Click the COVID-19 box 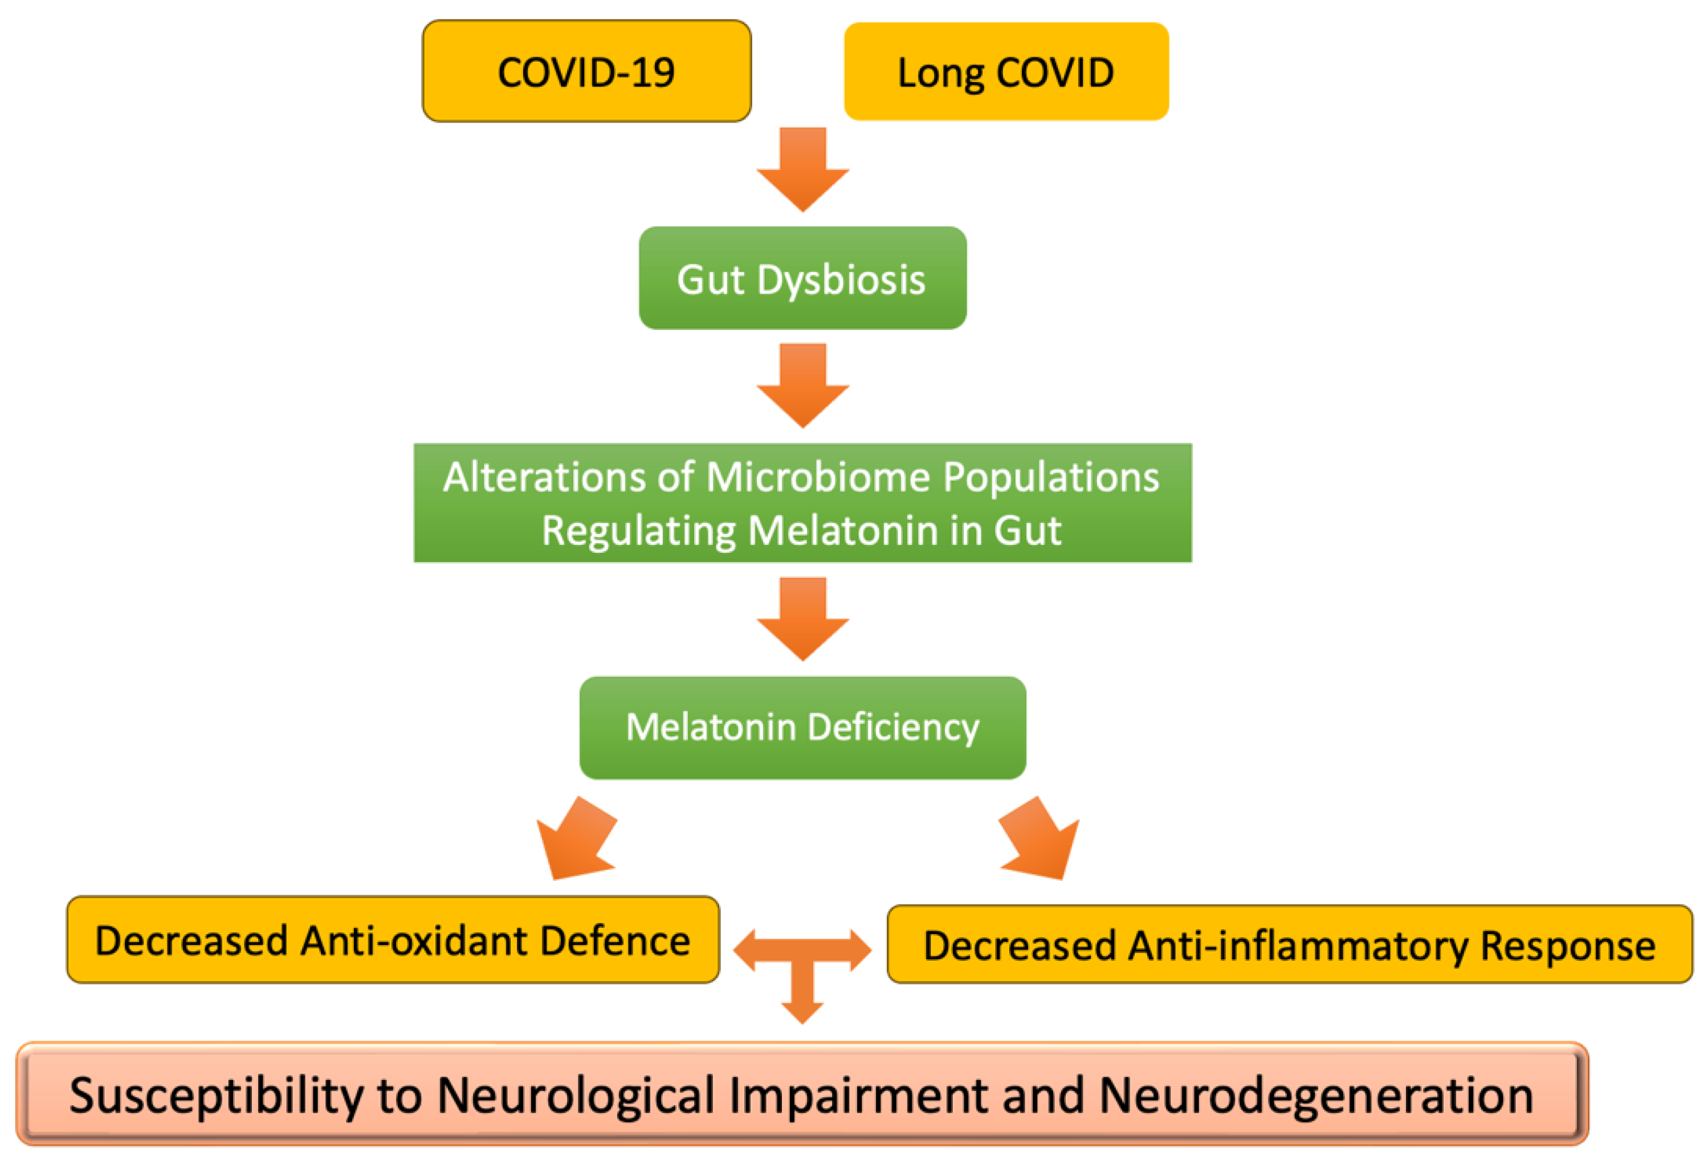586,71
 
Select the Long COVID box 1005,71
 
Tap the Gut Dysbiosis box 802,278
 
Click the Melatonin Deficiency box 802,727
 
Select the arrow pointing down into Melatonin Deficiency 802,618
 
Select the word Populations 1051,478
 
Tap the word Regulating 638,531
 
